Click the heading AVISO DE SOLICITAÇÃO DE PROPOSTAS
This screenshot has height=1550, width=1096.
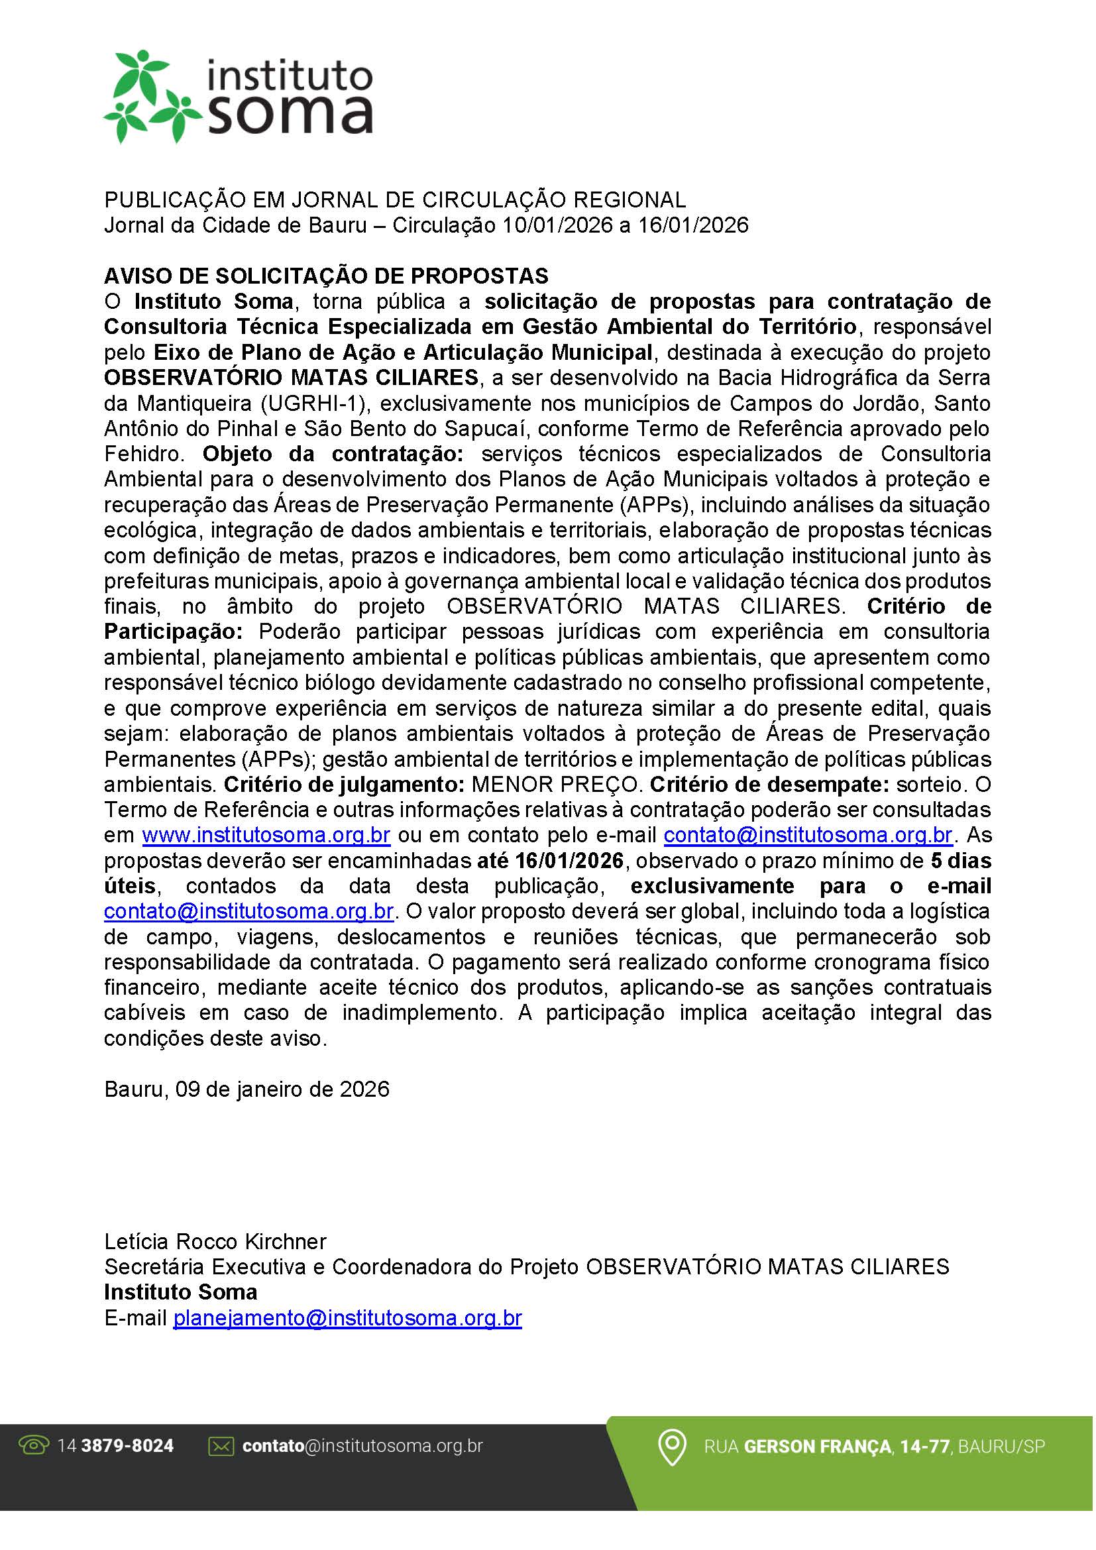326,276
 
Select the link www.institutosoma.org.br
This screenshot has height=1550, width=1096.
266,835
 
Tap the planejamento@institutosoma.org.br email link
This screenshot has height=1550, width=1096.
348,1318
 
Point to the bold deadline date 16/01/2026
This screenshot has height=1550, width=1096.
569,861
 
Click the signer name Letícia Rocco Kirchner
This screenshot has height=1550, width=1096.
215,1241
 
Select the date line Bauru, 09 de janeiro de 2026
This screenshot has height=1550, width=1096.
247,1089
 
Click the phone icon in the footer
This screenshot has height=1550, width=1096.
34,1445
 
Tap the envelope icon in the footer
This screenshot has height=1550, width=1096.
221,1446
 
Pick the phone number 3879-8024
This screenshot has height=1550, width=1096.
127,1446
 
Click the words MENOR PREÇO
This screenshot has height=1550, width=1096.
555,785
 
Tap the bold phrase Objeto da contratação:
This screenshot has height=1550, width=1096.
333,454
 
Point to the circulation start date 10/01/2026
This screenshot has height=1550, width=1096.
557,225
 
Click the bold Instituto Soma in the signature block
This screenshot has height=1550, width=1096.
181,1292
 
